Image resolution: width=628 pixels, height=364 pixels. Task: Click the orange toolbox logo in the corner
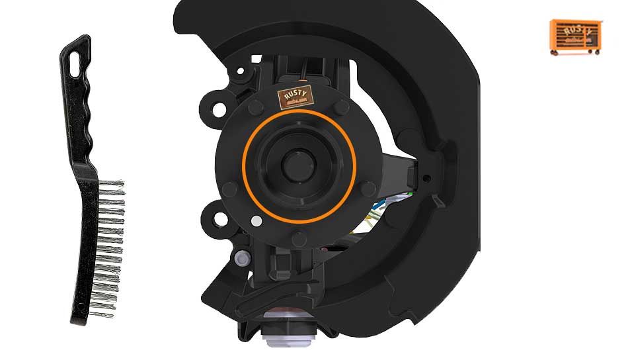575,36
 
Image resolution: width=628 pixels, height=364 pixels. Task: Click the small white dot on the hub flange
256,220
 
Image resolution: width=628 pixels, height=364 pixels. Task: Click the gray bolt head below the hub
242,256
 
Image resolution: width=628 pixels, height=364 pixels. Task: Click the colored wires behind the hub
380,208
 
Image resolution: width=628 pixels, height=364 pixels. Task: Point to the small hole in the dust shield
427,177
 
